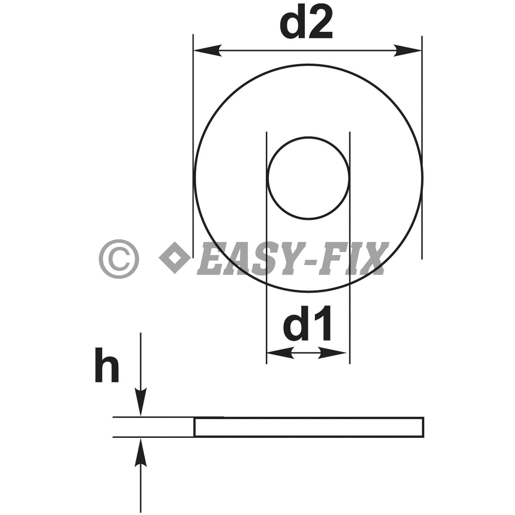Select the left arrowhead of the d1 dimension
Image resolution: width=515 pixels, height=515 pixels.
click(280, 353)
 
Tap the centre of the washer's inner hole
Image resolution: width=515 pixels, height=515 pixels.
click(308, 178)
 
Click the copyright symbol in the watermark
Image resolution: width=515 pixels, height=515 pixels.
click(119, 259)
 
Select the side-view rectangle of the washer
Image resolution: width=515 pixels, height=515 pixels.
click(309, 427)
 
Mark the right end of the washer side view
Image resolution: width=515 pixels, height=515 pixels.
click(423, 427)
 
